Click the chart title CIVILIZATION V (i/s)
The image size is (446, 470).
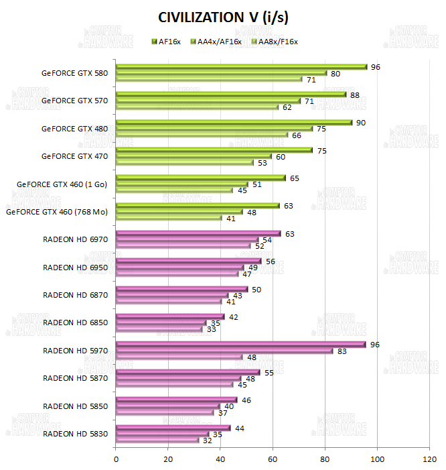(x=223, y=17)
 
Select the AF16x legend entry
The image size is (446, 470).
(x=167, y=42)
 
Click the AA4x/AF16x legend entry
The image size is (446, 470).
(x=216, y=42)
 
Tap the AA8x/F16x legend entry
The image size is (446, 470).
(x=273, y=42)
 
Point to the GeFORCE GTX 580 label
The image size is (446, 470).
(x=74, y=72)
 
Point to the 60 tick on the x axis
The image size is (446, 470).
(x=273, y=459)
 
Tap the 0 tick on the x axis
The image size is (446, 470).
(x=117, y=459)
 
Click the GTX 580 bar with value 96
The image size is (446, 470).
(x=241, y=66)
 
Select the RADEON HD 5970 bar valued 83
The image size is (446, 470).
(x=224, y=351)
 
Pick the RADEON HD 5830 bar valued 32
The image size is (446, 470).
(x=158, y=440)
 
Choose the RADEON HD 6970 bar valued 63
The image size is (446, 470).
(x=198, y=233)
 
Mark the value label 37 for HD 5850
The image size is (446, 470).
(x=222, y=412)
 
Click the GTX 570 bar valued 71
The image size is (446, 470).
(x=208, y=101)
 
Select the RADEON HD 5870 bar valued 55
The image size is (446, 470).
(x=188, y=372)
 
